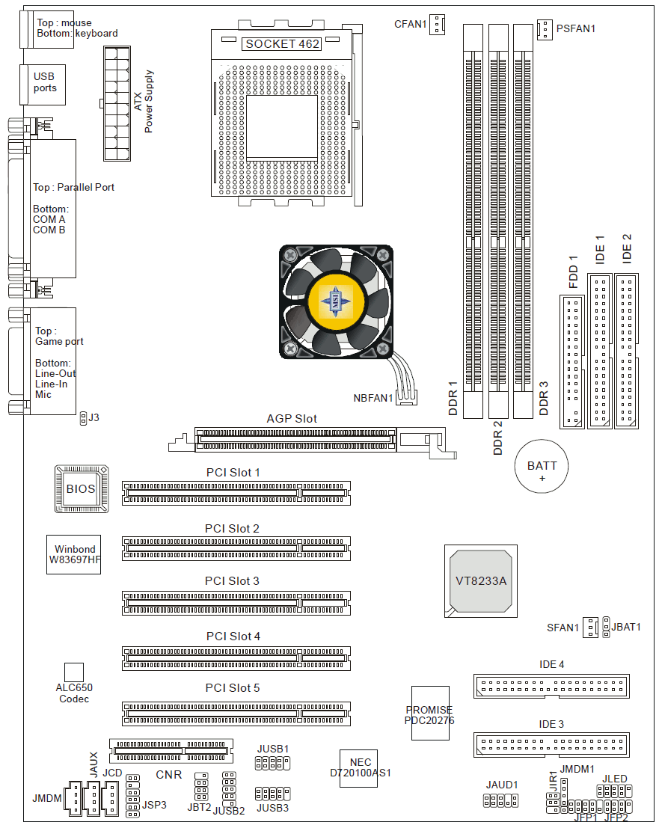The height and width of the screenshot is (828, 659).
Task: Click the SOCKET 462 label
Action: coord(283,44)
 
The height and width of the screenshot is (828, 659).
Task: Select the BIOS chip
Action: coord(81,489)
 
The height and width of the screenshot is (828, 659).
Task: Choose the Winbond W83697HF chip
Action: coord(74,554)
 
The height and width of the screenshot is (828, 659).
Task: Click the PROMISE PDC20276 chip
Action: coord(430,713)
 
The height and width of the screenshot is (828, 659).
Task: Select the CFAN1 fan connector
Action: coord(437,24)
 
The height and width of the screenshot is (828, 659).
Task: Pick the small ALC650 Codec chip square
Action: coord(73,671)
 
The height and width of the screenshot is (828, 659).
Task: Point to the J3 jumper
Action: coord(82,419)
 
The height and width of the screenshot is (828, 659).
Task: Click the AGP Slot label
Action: coord(292,419)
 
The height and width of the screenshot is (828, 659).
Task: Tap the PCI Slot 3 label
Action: coord(233,581)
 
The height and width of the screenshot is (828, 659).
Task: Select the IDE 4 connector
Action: coord(551,684)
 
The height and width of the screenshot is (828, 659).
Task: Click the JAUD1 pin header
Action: coord(500,801)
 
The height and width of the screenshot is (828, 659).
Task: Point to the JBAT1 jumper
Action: coord(606,627)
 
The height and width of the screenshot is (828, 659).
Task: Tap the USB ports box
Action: coord(45,83)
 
